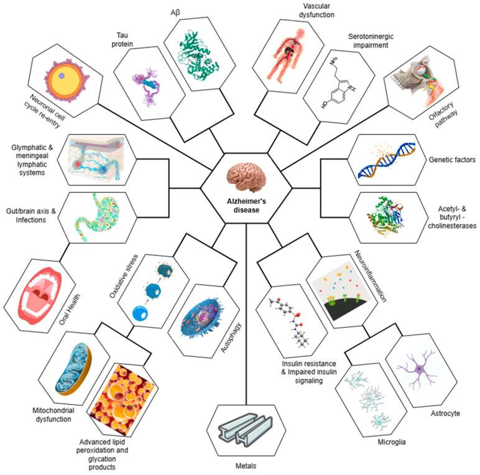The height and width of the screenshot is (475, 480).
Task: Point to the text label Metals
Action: [251, 464]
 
